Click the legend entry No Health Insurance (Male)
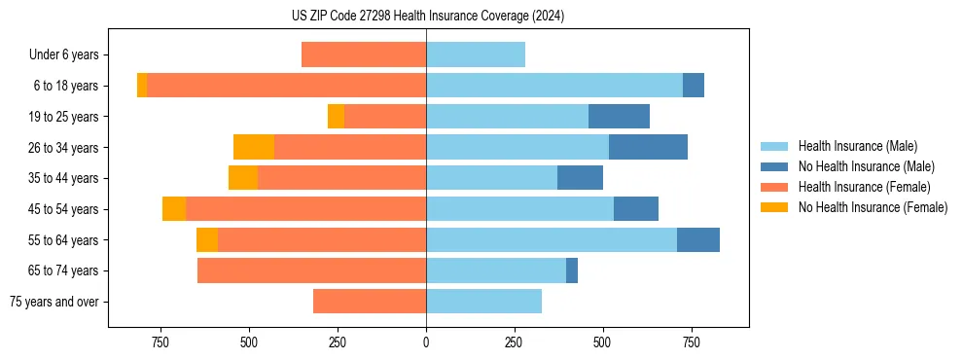(x=864, y=166)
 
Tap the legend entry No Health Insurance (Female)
(x=872, y=207)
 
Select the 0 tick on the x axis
(x=426, y=342)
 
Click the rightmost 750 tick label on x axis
(x=692, y=342)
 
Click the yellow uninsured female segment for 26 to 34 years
(x=254, y=147)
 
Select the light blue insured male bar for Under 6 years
(x=476, y=54)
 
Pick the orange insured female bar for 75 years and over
(x=370, y=302)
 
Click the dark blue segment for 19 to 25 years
(x=619, y=117)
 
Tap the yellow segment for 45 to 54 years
(x=174, y=209)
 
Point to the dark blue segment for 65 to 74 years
(x=572, y=270)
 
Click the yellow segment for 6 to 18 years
(x=142, y=86)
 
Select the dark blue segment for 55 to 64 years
(x=698, y=240)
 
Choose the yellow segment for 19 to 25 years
(x=336, y=117)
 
